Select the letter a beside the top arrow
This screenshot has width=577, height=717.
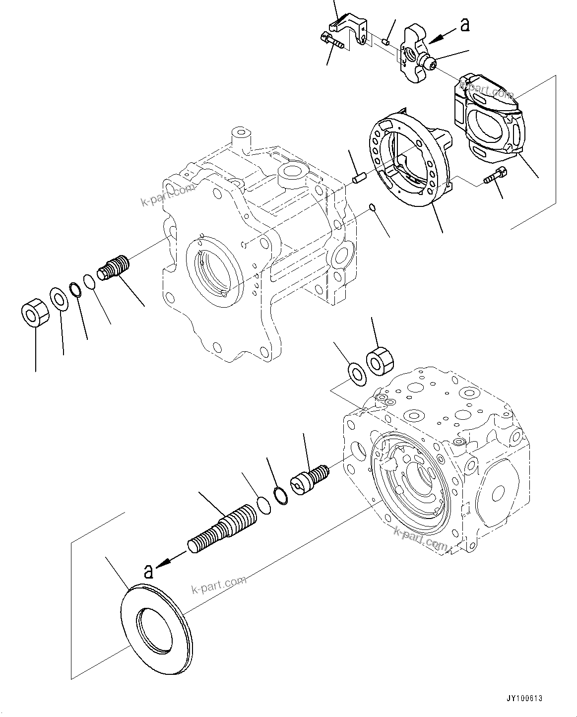464,24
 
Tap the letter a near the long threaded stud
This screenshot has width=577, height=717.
148,572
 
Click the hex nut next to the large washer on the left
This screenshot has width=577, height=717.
34,313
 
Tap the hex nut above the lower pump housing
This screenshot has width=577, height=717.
379,361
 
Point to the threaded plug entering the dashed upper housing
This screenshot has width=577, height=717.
114,268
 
